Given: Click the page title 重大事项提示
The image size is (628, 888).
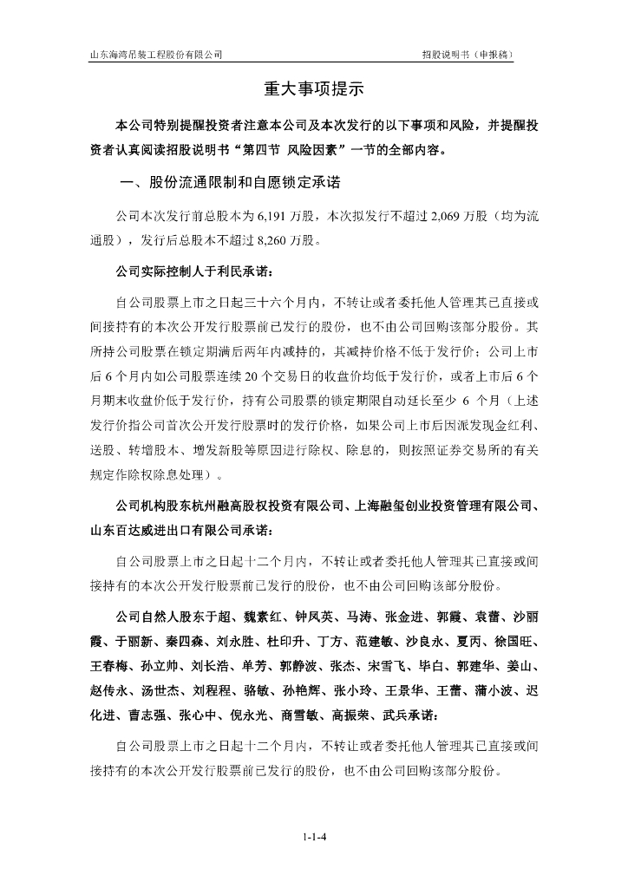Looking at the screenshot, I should tap(313, 88).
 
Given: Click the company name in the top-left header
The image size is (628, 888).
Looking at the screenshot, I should tap(157, 54).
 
